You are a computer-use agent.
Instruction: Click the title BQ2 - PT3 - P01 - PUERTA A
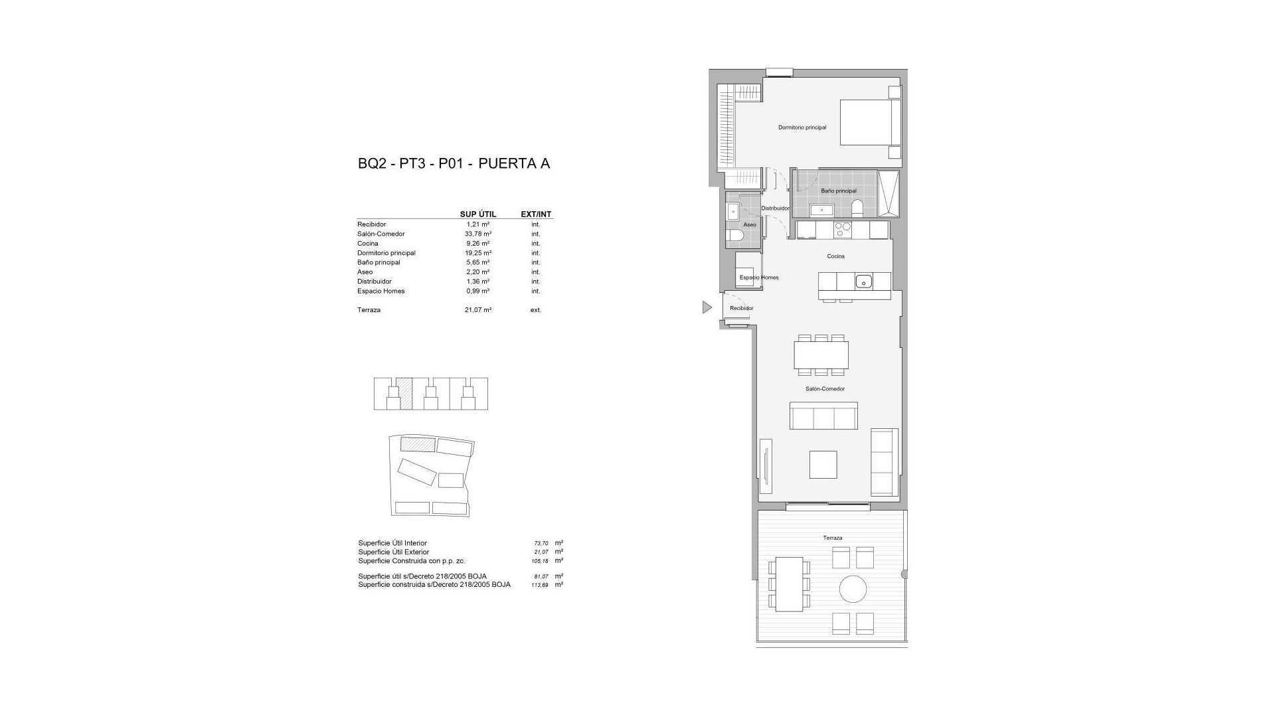click(x=454, y=163)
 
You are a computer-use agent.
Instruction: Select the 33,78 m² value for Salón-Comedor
click(x=477, y=234)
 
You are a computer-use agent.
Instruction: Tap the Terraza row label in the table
click(x=369, y=310)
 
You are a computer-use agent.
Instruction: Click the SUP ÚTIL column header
click(x=477, y=214)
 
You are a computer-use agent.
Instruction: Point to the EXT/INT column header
click(x=536, y=214)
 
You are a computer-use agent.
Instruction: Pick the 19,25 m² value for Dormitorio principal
click(x=477, y=253)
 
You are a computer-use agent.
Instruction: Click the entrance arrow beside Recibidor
click(x=707, y=307)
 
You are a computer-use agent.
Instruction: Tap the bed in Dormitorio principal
click(x=870, y=122)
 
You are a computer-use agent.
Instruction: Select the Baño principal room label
click(x=838, y=191)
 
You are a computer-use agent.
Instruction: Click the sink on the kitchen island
click(x=863, y=281)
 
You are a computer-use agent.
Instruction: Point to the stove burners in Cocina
click(x=842, y=230)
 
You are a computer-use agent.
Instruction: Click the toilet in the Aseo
click(x=734, y=236)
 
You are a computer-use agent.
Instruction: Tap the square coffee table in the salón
click(x=823, y=465)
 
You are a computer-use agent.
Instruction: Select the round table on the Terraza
click(x=853, y=589)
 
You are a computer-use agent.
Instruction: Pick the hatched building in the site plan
click(x=417, y=444)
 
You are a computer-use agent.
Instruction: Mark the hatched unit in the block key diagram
click(x=404, y=393)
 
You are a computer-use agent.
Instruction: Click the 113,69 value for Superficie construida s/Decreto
click(x=540, y=585)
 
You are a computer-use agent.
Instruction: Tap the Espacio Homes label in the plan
click(x=758, y=278)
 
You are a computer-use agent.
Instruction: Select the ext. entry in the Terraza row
click(x=535, y=310)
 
